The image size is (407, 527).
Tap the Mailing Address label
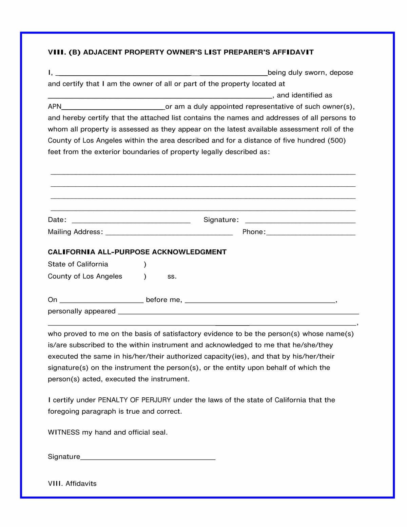pyautogui.click(x=75, y=232)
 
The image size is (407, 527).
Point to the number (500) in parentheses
pyautogui.click(x=336, y=140)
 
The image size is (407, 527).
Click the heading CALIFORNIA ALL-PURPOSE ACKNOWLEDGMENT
pyautogui.click(x=137, y=252)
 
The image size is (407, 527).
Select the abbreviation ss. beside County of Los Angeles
pyautogui.click(x=172, y=277)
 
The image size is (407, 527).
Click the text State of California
pyautogui.click(x=78, y=264)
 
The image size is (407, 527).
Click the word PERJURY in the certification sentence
pyautogui.click(x=156, y=400)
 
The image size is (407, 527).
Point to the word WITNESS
pyautogui.click(x=64, y=432)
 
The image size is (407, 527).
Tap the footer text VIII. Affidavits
pyautogui.click(x=72, y=484)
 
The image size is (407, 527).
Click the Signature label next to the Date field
pyautogui.click(x=221, y=220)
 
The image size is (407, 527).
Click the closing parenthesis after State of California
pyautogui.click(x=145, y=264)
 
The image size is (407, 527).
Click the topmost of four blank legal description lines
pyautogui.click(x=203, y=174)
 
